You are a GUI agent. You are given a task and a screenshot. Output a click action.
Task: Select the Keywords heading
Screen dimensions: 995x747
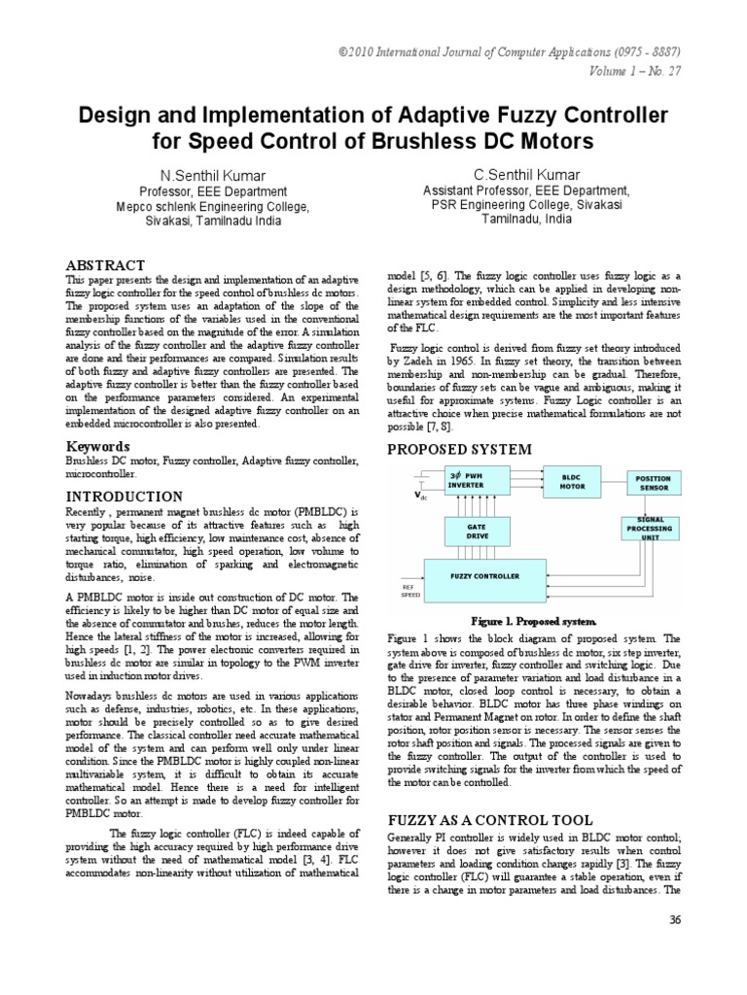pos(98,446)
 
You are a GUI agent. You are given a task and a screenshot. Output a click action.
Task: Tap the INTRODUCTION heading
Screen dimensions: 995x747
pos(123,496)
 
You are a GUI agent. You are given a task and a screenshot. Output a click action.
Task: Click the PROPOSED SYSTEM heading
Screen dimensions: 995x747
pos(460,449)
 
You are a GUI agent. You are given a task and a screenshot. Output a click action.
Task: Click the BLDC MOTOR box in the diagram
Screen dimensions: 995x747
pos(572,481)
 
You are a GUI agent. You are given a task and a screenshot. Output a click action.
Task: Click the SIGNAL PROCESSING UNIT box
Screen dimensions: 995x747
pos(651,528)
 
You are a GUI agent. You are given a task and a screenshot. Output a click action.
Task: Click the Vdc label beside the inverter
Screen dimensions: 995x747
pos(421,496)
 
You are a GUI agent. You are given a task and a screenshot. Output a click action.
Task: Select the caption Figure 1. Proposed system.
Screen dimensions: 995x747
pos(533,620)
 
